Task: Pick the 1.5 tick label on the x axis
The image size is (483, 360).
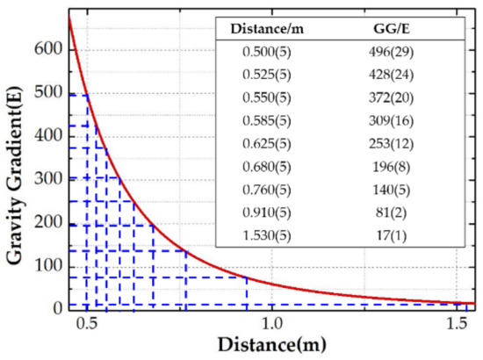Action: tap(458, 323)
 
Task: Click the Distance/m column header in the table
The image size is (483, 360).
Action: tap(267, 31)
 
